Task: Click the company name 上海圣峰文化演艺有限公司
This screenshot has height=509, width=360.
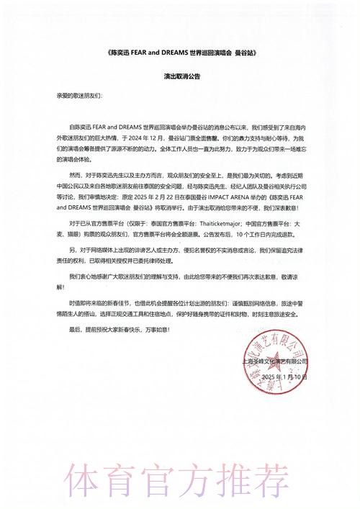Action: [x=271, y=361]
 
